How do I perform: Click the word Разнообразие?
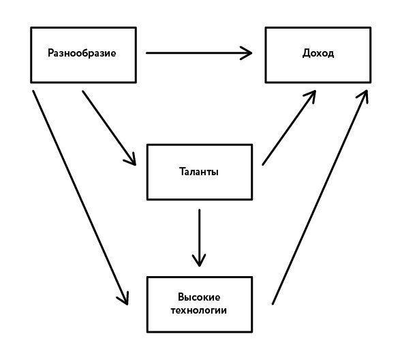coord(82,53)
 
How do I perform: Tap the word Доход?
coord(318,53)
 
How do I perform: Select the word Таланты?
coord(199,172)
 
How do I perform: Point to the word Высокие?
coord(199,297)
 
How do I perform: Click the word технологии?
coord(199,310)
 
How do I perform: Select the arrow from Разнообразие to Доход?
coord(199,53)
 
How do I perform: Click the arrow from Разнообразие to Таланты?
coord(109,127)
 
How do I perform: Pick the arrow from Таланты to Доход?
coord(289,127)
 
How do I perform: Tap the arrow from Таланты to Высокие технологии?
coord(199,238)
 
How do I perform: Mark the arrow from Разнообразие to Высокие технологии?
coord(80,198)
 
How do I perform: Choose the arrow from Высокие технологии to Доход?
coord(320,197)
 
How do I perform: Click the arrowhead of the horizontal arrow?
coord(246,53)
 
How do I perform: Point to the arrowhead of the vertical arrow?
coord(199,260)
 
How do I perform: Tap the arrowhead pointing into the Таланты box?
coord(131,160)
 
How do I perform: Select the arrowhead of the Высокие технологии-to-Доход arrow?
coord(364,95)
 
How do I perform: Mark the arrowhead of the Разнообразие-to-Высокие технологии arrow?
coord(123,299)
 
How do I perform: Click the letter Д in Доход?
coord(307,53)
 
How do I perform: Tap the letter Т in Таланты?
coord(183,171)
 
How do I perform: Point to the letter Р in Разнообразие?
coord(51,53)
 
